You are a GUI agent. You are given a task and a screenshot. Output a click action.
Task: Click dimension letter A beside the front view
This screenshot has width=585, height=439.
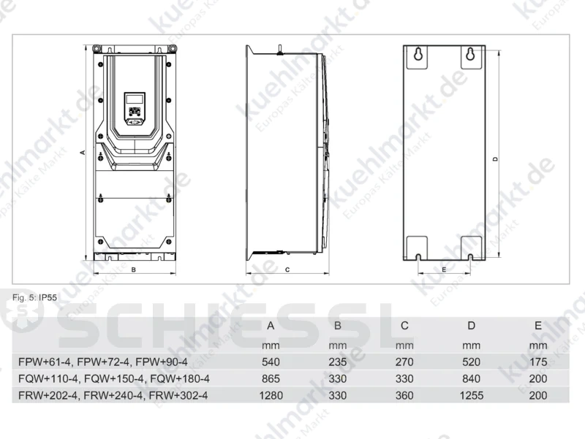[x=83, y=153]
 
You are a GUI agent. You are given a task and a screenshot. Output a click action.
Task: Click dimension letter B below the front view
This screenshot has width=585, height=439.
[x=134, y=270]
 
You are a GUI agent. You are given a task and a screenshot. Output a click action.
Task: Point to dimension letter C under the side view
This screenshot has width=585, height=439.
[x=287, y=270]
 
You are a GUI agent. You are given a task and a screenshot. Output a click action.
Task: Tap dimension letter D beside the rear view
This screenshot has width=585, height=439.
[x=496, y=159]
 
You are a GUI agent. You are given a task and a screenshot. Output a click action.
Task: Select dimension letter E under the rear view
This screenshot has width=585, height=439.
[x=444, y=270]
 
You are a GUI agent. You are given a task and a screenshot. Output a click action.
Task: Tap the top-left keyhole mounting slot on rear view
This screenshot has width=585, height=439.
[x=418, y=54]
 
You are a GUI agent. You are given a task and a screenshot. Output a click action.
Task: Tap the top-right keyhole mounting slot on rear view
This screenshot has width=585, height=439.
[x=470, y=54]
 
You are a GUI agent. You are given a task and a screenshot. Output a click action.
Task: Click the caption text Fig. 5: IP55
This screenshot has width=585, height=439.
[x=34, y=297]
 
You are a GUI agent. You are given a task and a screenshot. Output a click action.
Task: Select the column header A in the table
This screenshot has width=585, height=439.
[x=271, y=326]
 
